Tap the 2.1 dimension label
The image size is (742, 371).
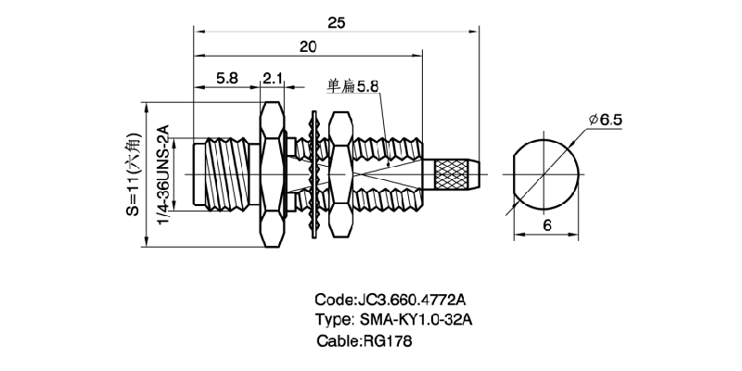point(273,80)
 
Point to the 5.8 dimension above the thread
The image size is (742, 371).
point(226,80)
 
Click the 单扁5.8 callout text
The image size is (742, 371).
point(353,86)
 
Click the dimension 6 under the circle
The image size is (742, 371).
point(547,225)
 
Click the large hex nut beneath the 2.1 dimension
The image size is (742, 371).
point(272,173)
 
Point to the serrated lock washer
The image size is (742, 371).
point(315,173)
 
